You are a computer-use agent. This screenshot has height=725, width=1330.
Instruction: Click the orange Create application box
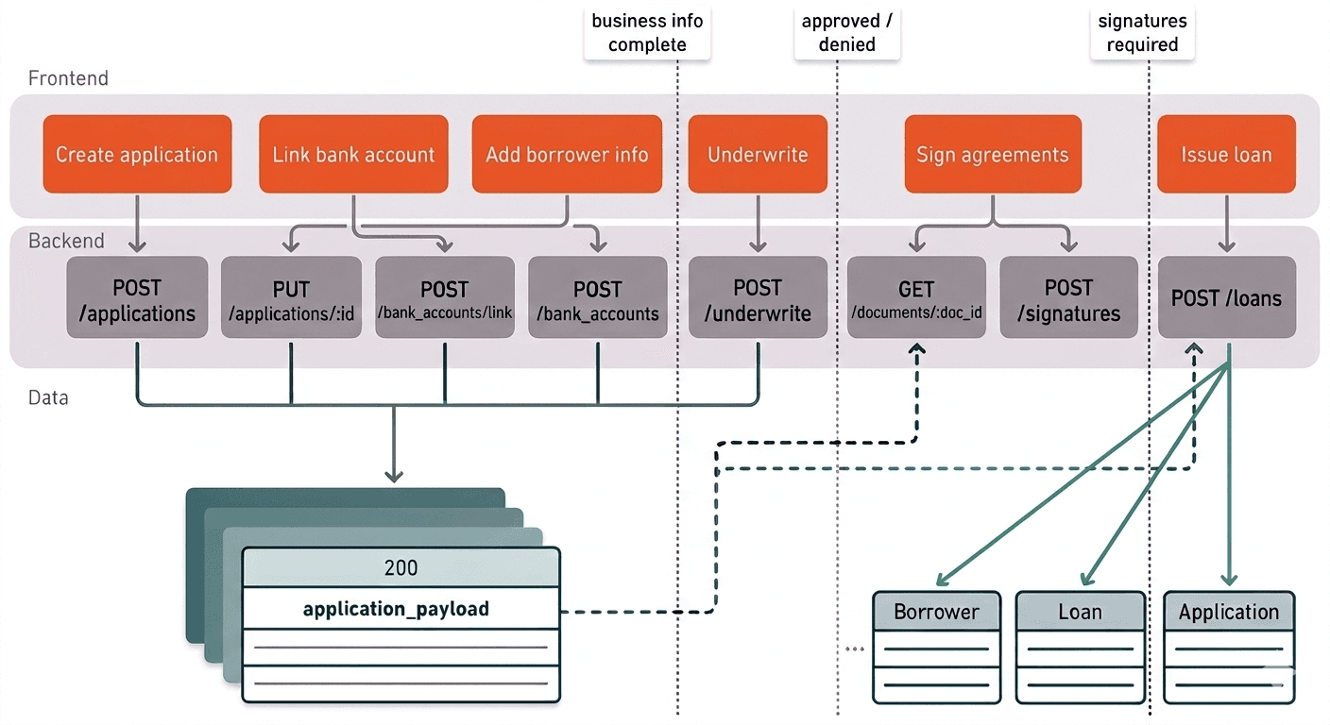point(137,154)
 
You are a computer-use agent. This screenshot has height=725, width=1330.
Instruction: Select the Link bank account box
point(353,154)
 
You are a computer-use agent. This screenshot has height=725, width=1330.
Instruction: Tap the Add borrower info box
point(567,154)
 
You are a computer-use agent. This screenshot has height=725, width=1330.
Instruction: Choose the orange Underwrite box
point(758,154)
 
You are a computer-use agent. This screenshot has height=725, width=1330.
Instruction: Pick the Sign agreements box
point(993,154)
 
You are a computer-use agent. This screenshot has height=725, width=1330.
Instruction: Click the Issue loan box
point(1226,154)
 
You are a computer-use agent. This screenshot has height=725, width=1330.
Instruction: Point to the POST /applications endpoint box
point(137,299)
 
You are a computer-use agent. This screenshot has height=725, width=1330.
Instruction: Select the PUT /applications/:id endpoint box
point(291,299)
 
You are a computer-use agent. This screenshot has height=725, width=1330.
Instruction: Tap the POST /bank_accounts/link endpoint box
point(445,299)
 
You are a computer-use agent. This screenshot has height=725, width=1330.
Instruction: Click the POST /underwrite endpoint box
point(758,299)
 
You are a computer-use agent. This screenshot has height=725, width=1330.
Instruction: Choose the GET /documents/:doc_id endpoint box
point(915,299)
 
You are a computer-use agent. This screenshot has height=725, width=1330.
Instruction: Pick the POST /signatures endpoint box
point(1068,299)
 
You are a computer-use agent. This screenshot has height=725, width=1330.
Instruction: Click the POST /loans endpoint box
point(1226,298)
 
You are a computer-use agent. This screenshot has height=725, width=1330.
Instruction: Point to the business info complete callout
point(647,33)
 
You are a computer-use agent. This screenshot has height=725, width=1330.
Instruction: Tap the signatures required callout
point(1142,33)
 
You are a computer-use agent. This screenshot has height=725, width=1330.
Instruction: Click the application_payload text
point(396,609)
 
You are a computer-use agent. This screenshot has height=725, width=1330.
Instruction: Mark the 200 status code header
point(401,568)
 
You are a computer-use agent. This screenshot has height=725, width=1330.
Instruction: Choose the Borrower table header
point(936,612)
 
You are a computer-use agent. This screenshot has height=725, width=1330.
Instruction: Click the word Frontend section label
point(68,78)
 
